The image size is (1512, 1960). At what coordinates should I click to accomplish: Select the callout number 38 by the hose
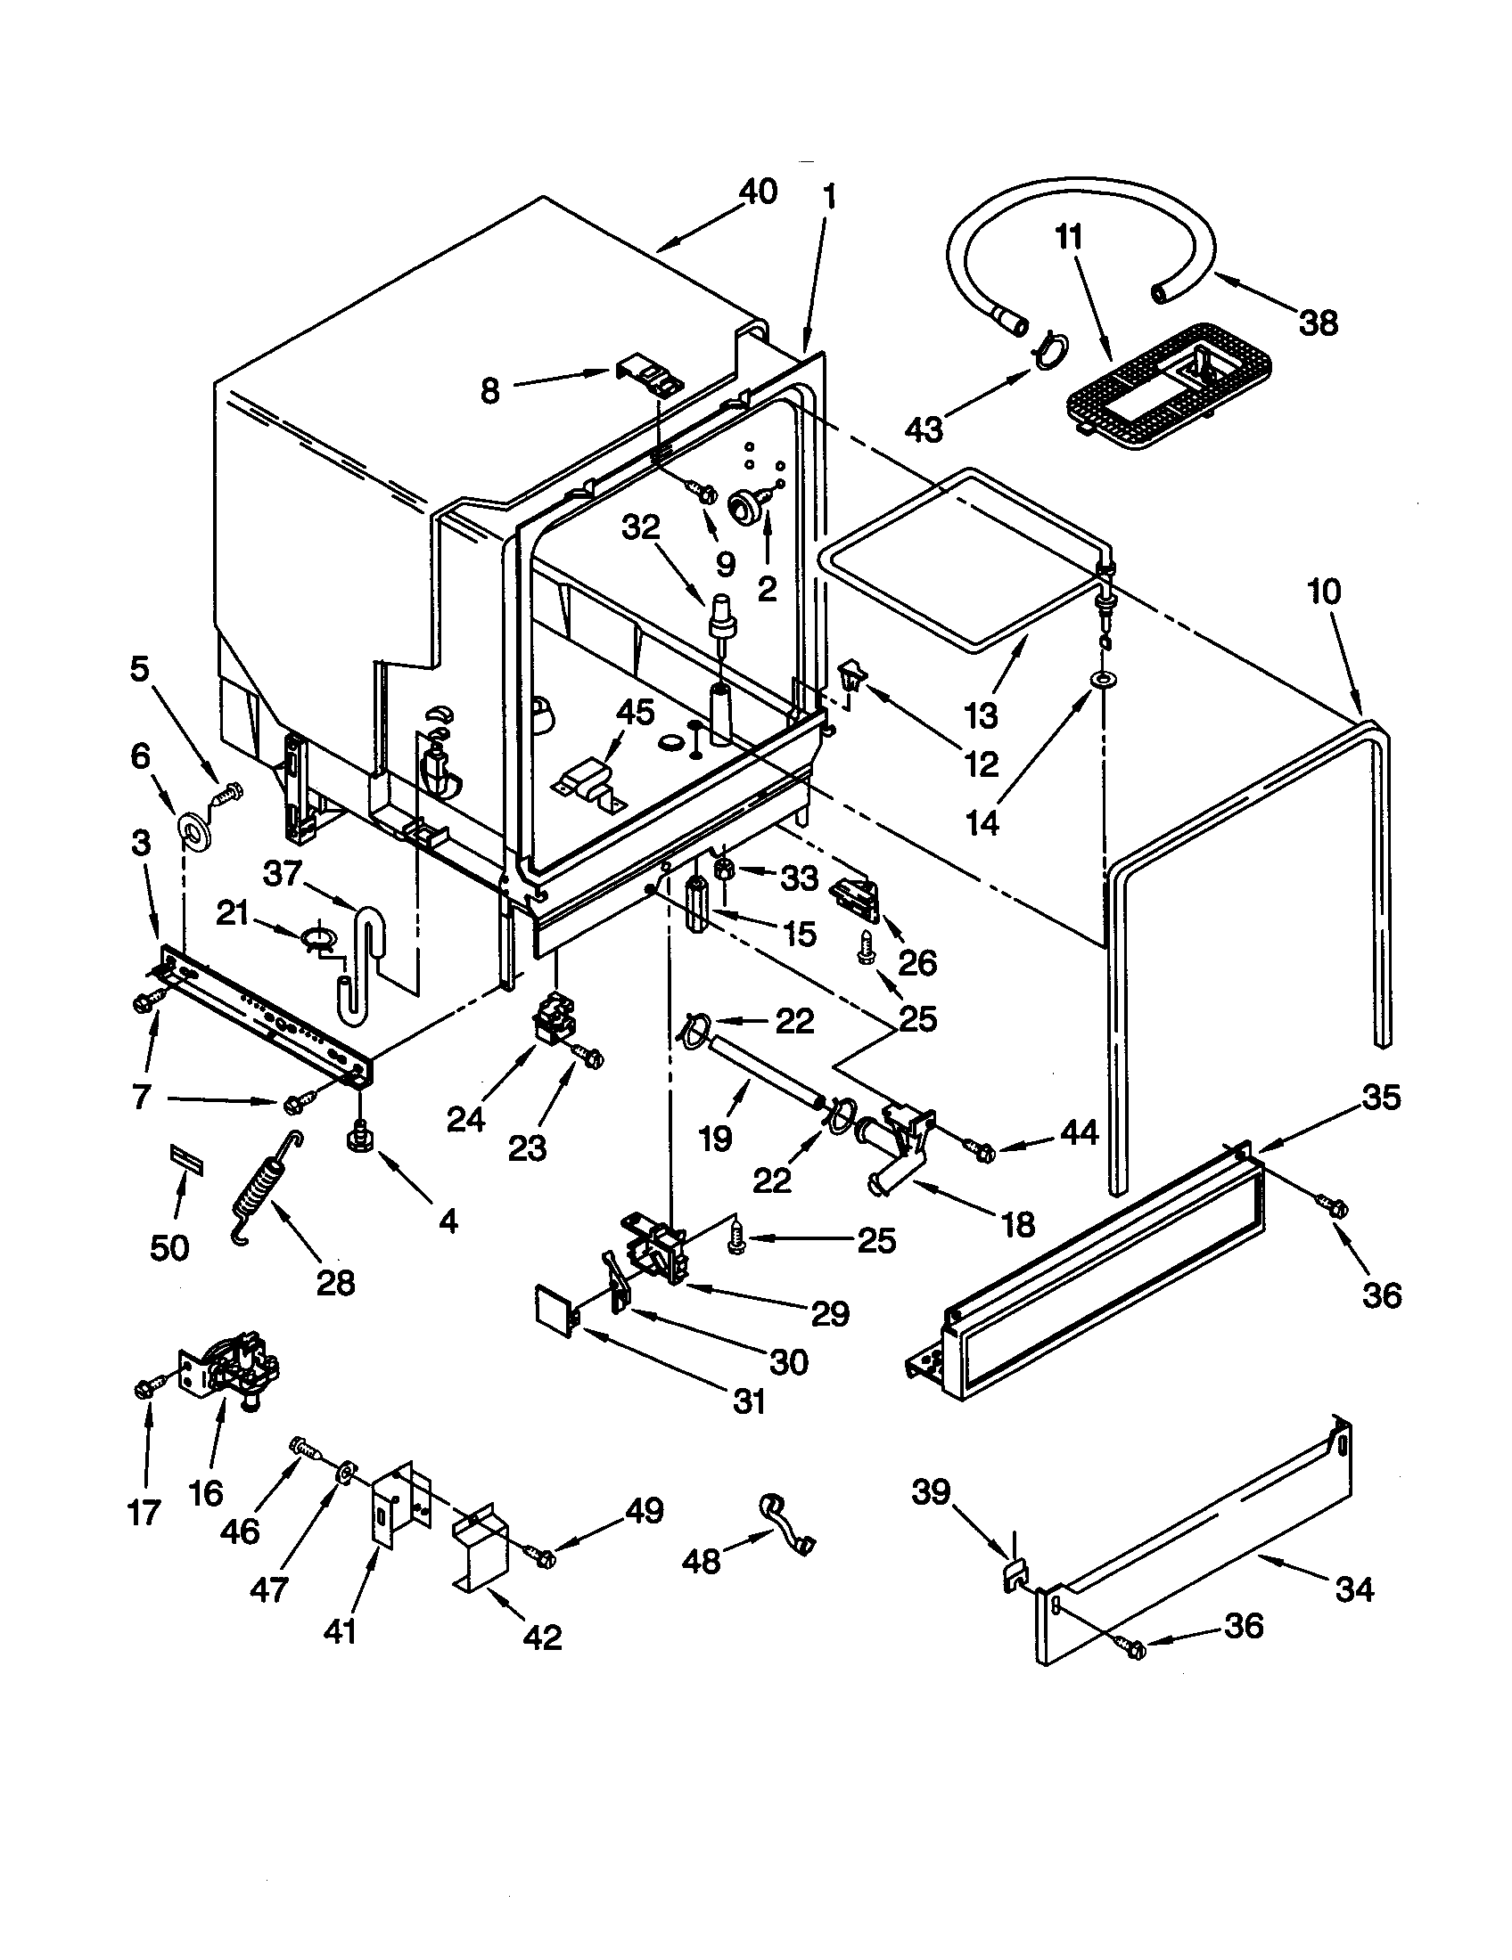(x=1317, y=323)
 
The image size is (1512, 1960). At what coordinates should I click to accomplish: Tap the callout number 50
(x=168, y=1246)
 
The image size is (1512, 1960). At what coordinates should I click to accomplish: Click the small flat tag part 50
(x=185, y=1158)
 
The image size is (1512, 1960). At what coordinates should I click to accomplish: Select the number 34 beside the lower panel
(x=1353, y=1588)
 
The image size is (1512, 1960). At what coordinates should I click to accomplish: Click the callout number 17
(x=144, y=1512)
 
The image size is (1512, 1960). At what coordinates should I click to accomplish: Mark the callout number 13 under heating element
(x=981, y=716)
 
